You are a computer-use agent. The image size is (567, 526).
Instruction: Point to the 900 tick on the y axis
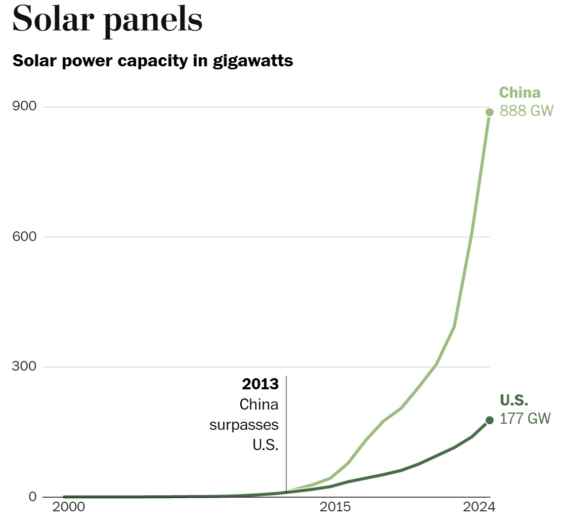coord(24,106)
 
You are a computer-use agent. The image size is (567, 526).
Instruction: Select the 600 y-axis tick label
coord(24,236)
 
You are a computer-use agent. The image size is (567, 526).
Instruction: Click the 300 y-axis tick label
coord(24,367)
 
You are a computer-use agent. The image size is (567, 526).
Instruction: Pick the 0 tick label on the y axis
coord(32,497)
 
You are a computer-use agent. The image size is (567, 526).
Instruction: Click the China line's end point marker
coord(490,112)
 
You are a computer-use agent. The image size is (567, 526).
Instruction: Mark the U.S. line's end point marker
coord(490,420)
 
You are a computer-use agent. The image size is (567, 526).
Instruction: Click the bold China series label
coord(519,93)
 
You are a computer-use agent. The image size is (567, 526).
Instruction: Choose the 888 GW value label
coord(526,110)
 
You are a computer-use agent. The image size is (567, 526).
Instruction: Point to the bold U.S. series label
coord(514,400)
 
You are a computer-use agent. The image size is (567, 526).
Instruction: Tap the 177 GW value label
coord(525,419)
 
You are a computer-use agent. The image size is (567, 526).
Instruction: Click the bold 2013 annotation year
coord(260,384)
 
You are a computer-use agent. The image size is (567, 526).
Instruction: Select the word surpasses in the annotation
coord(244,425)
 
